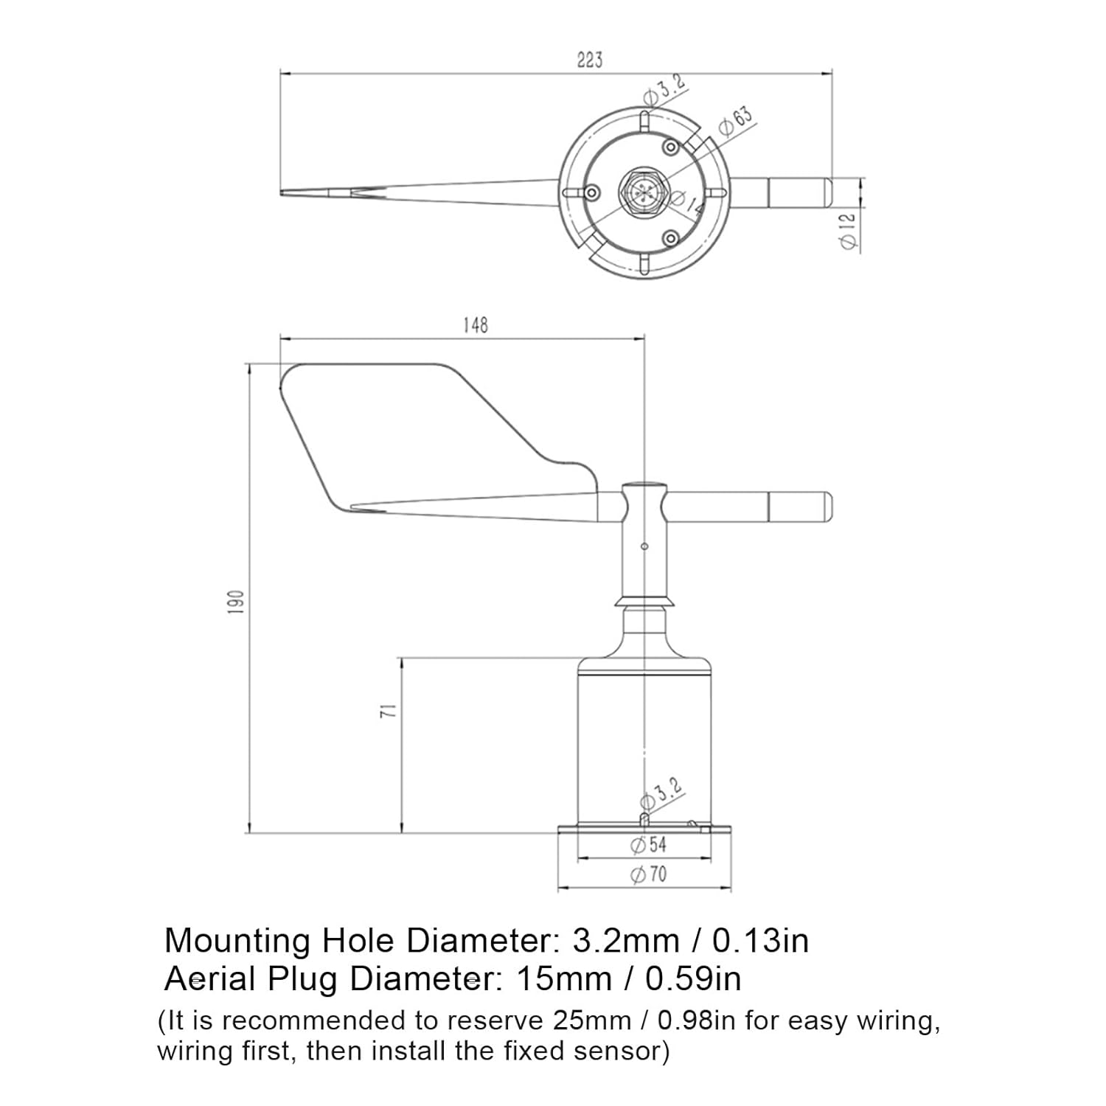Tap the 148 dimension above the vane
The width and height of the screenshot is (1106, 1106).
pyautogui.click(x=476, y=325)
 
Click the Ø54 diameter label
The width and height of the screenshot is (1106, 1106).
pyautogui.click(x=649, y=845)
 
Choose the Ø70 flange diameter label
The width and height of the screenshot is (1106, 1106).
pyautogui.click(x=649, y=875)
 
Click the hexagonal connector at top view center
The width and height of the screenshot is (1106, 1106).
pyautogui.click(x=644, y=193)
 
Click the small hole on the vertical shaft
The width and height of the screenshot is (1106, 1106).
pyautogui.click(x=644, y=546)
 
